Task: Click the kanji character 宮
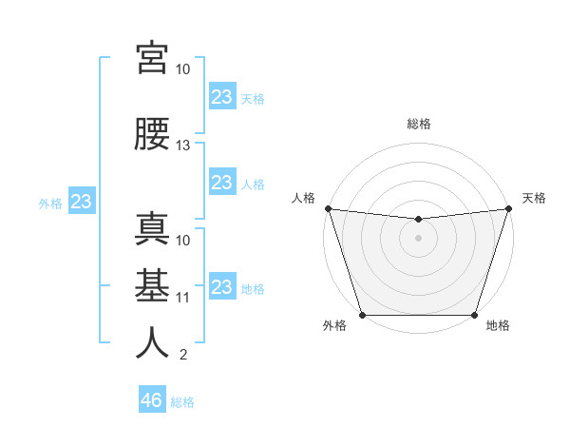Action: coord(152,58)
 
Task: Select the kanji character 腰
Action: coord(152,134)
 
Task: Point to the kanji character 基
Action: coord(152,284)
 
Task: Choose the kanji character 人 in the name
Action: coord(152,341)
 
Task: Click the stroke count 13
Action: coord(183,146)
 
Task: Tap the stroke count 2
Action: coord(182,355)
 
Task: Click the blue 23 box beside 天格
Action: coord(221,96)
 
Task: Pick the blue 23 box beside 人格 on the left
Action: coord(221,183)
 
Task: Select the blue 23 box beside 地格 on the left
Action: coord(221,287)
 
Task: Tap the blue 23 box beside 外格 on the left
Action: coord(82,202)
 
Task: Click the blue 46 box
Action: coord(151,400)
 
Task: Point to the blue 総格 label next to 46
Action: coord(182,402)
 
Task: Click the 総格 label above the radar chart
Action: coord(418,124)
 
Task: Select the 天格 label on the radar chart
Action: coord(534,198)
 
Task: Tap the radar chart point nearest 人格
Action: coord(328,208)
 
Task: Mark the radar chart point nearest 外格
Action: coord(362,314)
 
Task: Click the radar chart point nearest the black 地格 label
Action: coord(474,314)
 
